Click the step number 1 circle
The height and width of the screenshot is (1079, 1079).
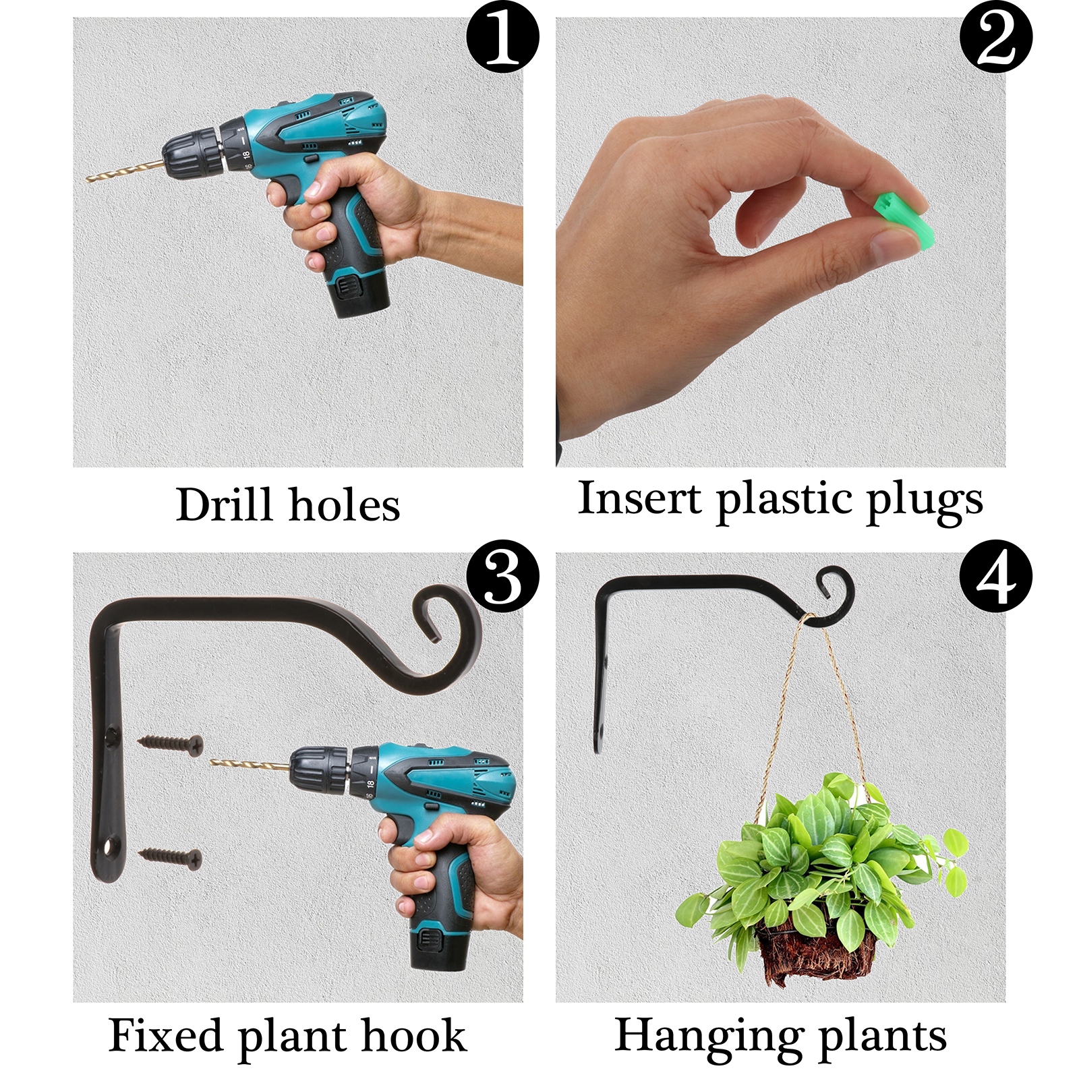coord(502,36)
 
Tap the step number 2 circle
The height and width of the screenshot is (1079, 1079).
coord(996,36)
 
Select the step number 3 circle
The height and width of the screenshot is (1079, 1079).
coord(502,576)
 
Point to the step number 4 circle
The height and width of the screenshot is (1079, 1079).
coord(996,576)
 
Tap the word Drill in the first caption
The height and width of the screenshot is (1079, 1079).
coord(225,504)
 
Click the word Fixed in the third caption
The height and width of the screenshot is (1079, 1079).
coord(166,1035)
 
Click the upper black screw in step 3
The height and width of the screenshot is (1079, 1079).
coord(170,744)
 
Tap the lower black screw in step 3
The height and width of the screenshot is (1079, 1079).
coord(170,857)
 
